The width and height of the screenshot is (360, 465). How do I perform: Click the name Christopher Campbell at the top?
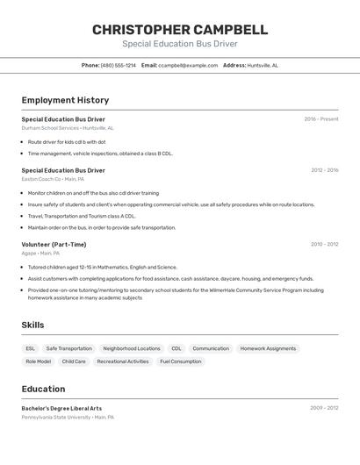[x=180, y=30]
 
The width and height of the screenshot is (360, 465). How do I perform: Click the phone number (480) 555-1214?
[x=119, y=65]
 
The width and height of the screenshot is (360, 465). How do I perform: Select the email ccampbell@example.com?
[x=188, y=65]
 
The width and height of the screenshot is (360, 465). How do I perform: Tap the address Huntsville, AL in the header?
[x=263, y=65]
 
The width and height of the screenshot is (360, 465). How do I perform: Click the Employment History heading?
[x=65, y=100]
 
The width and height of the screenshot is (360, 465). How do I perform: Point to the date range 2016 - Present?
[x=321, y=119]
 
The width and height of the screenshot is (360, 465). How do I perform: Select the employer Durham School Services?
[x=50, y=128]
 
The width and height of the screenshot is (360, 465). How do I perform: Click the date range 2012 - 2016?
[x=324, y=170]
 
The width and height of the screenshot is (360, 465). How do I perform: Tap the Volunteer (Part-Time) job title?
[x=54, y=245]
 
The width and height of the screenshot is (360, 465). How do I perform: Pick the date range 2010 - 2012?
[x=324, y=245]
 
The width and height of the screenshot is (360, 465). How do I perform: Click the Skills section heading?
[x=32, y=325]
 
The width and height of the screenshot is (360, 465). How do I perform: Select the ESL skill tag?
[x=31, y=348]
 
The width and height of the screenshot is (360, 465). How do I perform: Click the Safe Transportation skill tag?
[x=68, y=348]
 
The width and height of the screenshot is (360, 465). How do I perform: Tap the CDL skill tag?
[x=176, y=348]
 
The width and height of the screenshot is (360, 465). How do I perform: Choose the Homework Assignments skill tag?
[x=268, y=348]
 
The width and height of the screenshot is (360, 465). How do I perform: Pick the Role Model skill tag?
[x=38, y=361]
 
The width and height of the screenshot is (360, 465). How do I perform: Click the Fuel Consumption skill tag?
[x=180, y=361]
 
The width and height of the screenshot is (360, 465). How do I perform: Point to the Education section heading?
[x=43, y=390]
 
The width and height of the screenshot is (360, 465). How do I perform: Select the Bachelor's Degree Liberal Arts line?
[x=61, y=408]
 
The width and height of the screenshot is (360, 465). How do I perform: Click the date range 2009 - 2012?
[x=324, y=408]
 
